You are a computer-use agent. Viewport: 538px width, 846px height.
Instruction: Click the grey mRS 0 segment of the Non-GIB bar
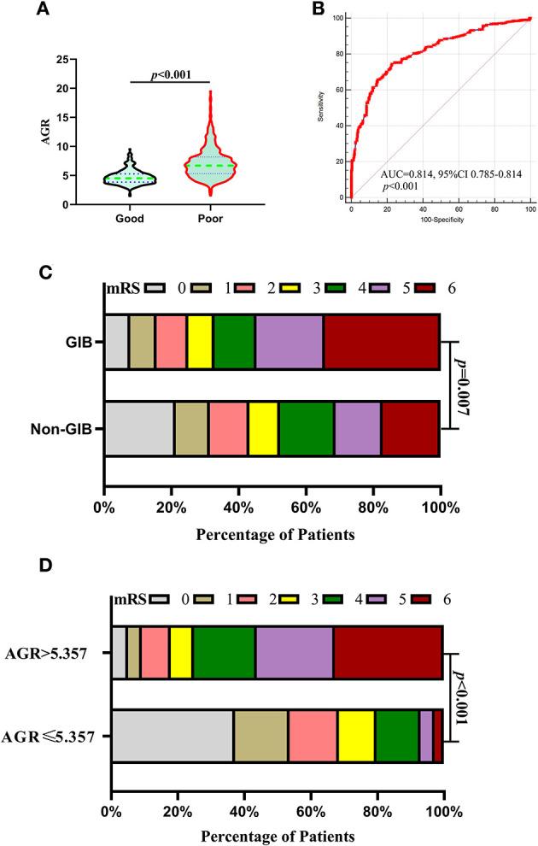tap(139, 428)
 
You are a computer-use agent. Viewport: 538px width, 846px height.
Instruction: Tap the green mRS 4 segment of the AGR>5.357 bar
tap(224, 654)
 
